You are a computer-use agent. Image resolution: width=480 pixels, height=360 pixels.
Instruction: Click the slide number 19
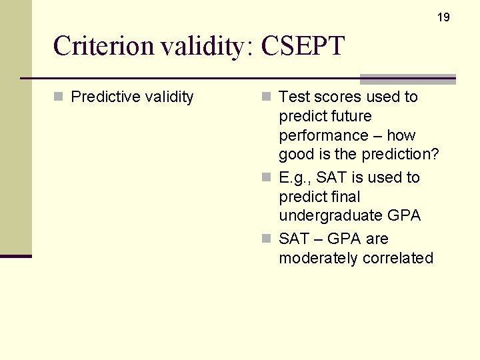(x=443, y=17)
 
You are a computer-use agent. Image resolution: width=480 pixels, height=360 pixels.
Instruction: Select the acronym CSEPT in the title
(x=303, y=46)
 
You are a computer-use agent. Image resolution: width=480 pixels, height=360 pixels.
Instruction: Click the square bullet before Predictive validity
(x=59, y=97)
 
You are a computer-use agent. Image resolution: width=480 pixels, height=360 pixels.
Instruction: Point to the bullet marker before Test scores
(x=267, y=97)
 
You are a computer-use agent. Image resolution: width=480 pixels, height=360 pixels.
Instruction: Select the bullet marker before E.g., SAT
(x=267, y=177)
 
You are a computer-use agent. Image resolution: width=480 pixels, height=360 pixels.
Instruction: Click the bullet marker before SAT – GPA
(x=267, y=239)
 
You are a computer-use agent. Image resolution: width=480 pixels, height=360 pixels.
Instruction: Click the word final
(x=345, y=197)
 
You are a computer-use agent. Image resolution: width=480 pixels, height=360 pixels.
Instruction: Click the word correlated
(x=397, y=258)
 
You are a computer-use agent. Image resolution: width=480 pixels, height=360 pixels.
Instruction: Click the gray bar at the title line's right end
(x=407, y=79)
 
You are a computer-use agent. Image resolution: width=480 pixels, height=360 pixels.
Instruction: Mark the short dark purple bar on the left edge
(x=15, y=256)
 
